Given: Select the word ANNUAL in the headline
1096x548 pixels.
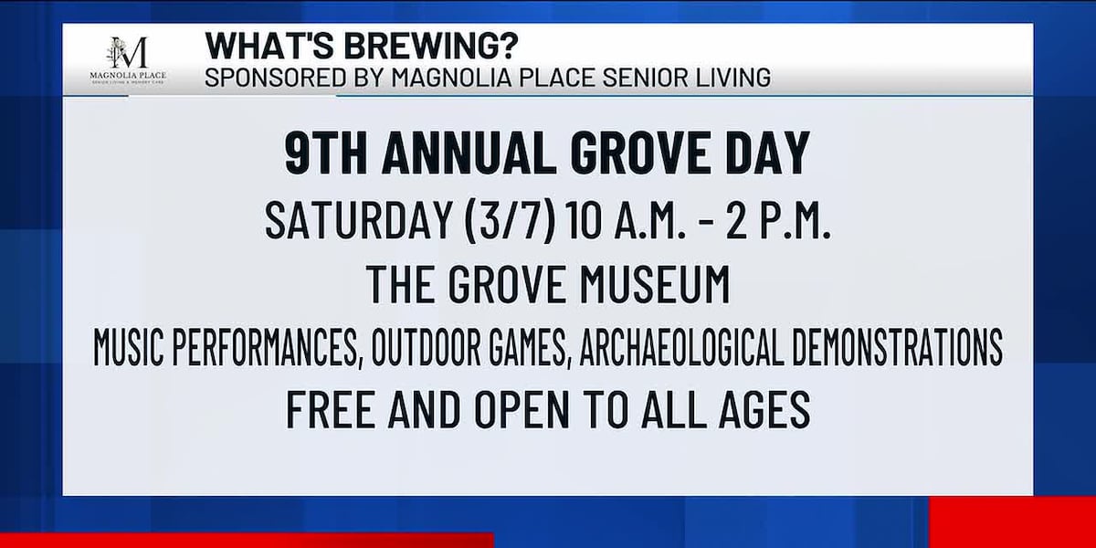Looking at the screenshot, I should point(461,153).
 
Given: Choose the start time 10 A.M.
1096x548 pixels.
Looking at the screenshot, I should point(627,221).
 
